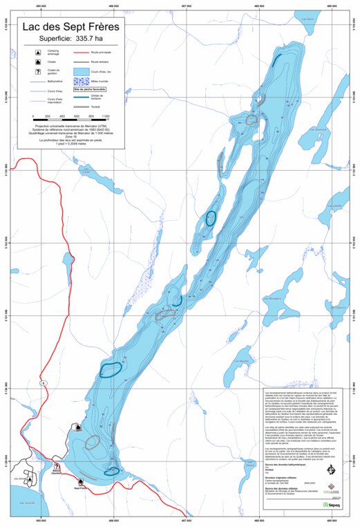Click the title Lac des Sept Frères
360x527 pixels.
70,27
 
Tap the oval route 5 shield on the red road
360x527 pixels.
42,382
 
